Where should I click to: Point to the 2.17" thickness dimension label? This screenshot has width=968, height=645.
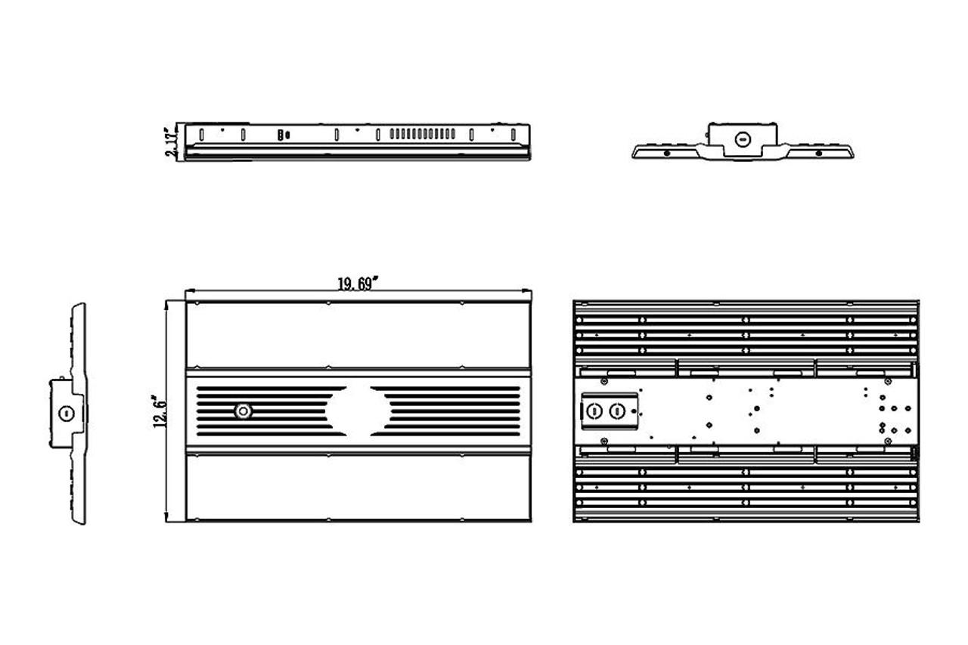click(173, 141)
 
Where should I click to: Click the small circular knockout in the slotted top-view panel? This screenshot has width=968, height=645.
click(243, 411)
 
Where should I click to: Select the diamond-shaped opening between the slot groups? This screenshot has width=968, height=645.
click(358, 411)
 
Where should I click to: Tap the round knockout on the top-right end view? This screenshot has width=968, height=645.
click(742, 139)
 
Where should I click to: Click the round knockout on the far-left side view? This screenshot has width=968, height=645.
click(64, 412)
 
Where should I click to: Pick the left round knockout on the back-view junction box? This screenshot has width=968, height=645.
click(595, 411)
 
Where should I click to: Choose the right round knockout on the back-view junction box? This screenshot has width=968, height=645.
click(619, 411)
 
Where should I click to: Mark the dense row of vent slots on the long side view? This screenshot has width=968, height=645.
click(422, 135)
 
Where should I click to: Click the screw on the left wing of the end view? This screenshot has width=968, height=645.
click(666, 153)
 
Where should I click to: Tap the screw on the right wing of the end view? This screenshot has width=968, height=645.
click(818, 153)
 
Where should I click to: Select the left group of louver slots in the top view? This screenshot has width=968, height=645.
click(265, 411)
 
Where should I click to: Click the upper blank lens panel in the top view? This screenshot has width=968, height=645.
click(358, 335)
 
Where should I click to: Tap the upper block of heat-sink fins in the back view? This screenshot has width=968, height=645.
click(746, 329)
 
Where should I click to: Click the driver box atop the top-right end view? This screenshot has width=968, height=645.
click(742, 137)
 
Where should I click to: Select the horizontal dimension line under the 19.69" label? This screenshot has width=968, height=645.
click(272, 291)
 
